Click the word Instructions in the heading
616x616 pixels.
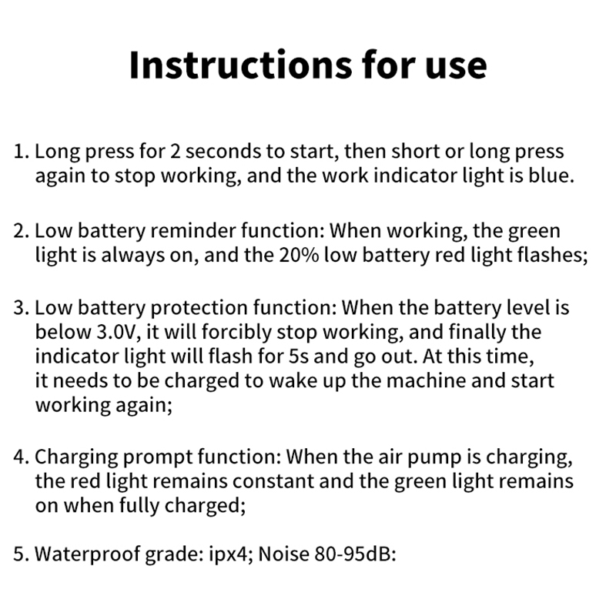click(x=241, y=65)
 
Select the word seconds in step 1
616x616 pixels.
click(x=223, y=152)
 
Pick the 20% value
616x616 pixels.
click(x=299, y=256)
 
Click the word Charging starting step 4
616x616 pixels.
click(x=76, y=457)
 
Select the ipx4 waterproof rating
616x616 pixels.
click(x=231, y=554)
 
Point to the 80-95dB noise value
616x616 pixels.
click(x=355, y=554)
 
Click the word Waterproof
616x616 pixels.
click(x=88, y=554)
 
